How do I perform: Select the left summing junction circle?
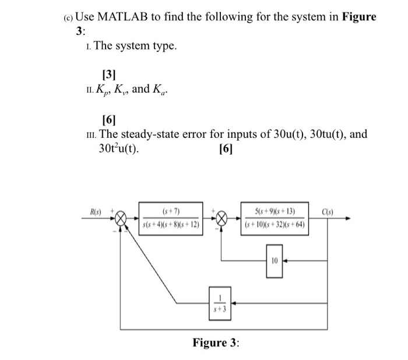tap(121, 219)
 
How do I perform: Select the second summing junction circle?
tap(222, 219)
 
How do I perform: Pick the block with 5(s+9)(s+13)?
tap(274, 218)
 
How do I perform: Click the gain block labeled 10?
tap(275, 260)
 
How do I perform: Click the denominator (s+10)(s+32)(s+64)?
tap(274, 225)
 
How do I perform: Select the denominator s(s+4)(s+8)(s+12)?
tap(171, 225)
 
